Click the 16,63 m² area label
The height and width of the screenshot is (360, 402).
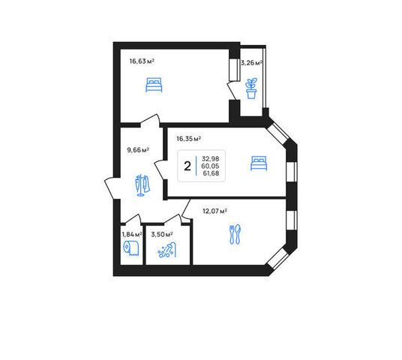click(x=142, y=61)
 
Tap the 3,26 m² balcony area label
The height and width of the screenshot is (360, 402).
click(x=251, y=63)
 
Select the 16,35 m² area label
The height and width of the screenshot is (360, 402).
click(x=189, y=139)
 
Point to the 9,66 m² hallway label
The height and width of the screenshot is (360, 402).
click(x=138, y=150)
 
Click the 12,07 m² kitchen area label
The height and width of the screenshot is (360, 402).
click(x=214, y=211)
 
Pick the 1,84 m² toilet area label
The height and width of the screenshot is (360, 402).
click(x=132, y=234)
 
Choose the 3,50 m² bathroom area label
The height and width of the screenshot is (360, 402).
click(x=162, y=234)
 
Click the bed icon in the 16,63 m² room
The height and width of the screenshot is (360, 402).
click(x=154, y=85)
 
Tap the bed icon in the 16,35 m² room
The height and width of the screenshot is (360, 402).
click(x=259, y=163)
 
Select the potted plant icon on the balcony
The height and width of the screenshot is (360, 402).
click(x=251, y=88)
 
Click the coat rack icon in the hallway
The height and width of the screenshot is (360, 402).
click(x=142, y=185)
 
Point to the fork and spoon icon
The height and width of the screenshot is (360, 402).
click(x=235, y=234)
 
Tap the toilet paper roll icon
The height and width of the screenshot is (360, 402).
click(x=131, y=248)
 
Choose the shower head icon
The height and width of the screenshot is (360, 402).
click(x=167, y=250)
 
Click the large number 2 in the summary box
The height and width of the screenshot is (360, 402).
click(x=187, y=166)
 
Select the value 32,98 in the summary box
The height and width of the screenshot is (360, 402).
click(x=211, y=159)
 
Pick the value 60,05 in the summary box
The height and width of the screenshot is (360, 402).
click(x=210, y=166)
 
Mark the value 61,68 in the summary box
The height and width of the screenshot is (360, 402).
click(x=211, y=173)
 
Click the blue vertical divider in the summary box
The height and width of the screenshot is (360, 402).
click(x=196, y=166)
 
